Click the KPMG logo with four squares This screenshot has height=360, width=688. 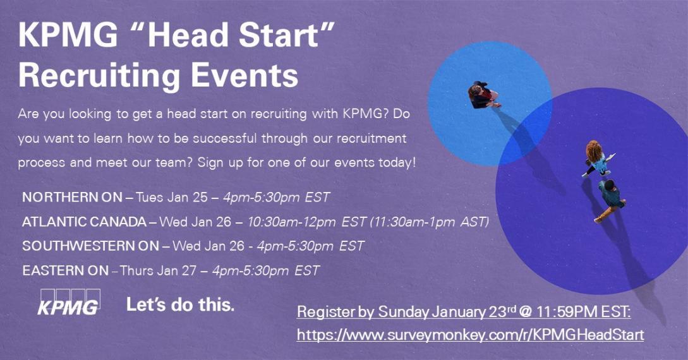pos(69,302)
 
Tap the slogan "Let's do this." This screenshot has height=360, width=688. pos(180,304)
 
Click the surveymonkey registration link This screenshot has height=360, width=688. pos(471,335)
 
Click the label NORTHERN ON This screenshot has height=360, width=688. pos(72,197)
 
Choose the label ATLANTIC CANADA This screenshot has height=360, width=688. pos(84,222)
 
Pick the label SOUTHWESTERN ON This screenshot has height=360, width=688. pos(90,246)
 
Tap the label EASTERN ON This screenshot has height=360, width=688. pos(65,270)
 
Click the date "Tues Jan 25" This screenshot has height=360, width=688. pos(172,197)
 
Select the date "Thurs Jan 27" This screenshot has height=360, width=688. pos(158,270)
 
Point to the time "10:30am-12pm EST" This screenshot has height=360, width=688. pos(306,222)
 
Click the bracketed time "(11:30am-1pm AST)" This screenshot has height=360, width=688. pos(430,222)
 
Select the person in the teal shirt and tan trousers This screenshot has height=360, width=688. pos(610,200)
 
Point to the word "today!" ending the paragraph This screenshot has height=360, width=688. pos(397,162)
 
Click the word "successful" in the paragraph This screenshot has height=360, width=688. pos(225,138)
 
